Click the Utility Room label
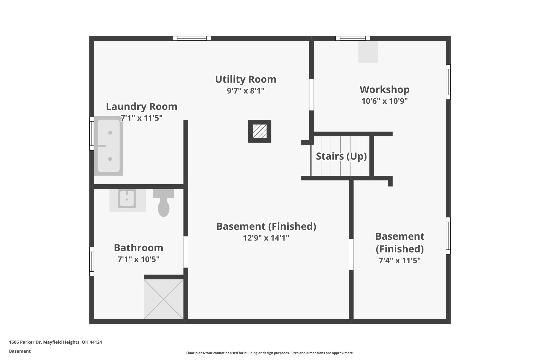pyautogui.click(x=245, y=79)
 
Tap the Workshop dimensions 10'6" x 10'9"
pyautogui.click(x=384, y=101)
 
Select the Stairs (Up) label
pyautogui.click(x=341, y=156)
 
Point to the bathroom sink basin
pyautogui.click(x=127, y=199)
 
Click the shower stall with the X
pyautogui.click(x=163, y=299)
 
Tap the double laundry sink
pyautogui.click(x=109, y=146)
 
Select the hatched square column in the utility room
pyautogui.click(x=259, y=131)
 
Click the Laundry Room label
pyautogui.click(x=142, y=107)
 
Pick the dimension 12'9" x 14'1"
pyautogui.click(x=266, y=238)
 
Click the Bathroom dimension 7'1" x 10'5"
pyautogui.click(x=138, y=259)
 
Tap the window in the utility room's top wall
pyautogui.click(x=192, y=38)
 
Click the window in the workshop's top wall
pyautogui.click(x=353, y=38)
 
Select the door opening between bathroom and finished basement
pyautogui.click(x=186, y=252)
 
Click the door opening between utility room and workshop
pyautogui.click(x=311, y=95)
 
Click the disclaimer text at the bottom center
pyautogui.click(x=270, y=353)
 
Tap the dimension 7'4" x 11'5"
pyautogui.click(x=399, y=261)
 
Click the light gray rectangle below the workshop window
pyautogui.click(x=368, y=52)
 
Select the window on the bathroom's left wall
pyautogui.click(x=91, y=261)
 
